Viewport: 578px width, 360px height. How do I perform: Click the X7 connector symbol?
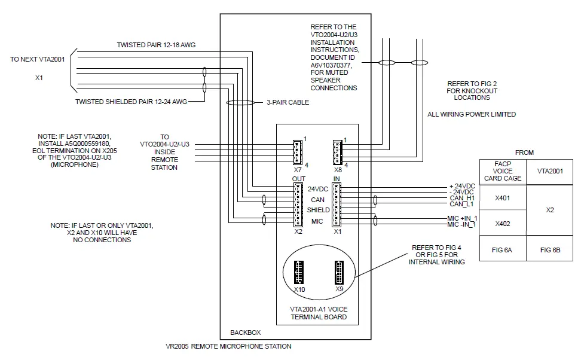coord(296,151)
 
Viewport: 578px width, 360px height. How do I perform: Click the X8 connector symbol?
coord(337,151)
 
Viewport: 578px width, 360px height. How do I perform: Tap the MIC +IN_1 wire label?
coord(462,218)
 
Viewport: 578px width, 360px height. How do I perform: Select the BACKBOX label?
coord(245,332)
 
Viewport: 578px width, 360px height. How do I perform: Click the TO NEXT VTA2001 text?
coord(38,60)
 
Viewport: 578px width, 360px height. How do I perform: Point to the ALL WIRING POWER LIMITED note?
coord(472,114)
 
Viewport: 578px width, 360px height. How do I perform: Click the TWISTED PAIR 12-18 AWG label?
coord(156,45)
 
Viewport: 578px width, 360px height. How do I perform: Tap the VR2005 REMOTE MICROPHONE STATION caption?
coord(228,346)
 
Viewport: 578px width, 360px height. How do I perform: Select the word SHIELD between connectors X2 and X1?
coord(318,210)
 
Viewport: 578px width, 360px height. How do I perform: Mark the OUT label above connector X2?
coord(299,179)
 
